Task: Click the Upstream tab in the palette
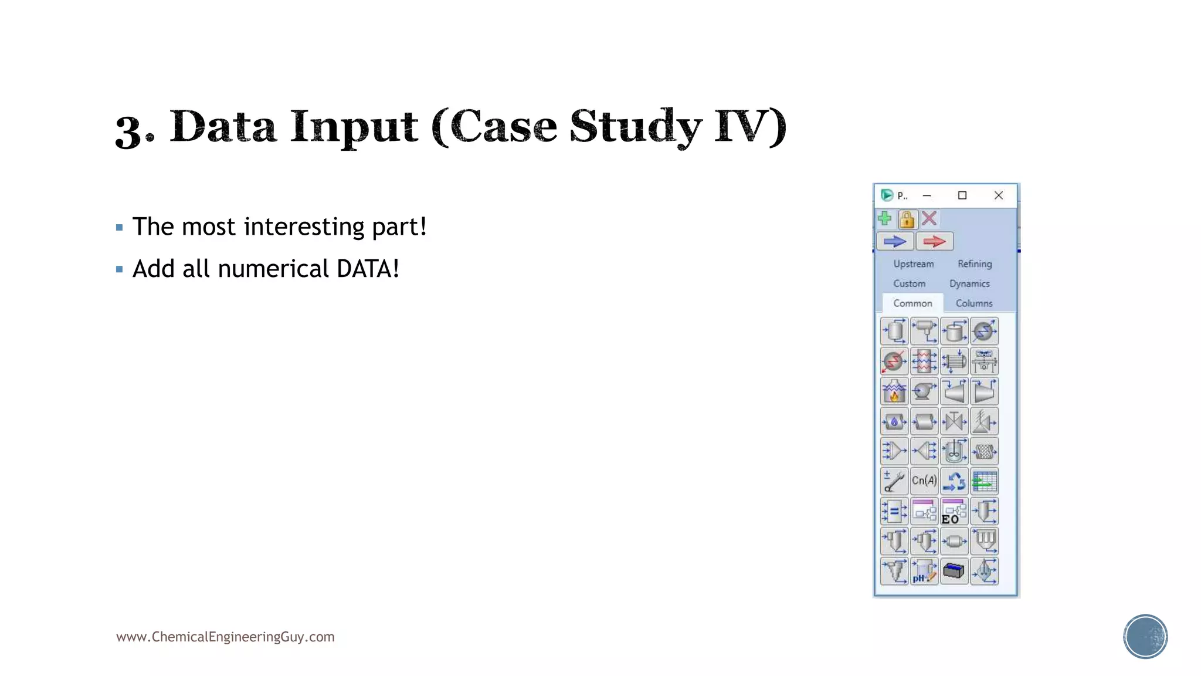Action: (913, 264)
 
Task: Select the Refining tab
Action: (975, 264)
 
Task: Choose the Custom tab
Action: (909, 284)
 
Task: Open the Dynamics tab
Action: (969, 284)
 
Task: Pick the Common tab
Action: (912, 303)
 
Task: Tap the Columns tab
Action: (974, 303)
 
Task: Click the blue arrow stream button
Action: (895, 241)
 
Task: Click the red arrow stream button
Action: (934, 241)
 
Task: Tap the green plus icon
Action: (885, 219)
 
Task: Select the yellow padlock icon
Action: (907, 219)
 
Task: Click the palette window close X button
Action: (999, 195)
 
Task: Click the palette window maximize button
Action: (962, 195)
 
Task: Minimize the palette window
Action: (927, 195)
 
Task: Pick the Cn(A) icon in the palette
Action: (924, 481)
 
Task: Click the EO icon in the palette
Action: (954, 511)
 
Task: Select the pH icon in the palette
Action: (924, 571)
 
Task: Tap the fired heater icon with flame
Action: (894, 391)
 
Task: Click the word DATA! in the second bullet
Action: (368, 269)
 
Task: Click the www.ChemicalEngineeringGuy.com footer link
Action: (225, 637)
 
